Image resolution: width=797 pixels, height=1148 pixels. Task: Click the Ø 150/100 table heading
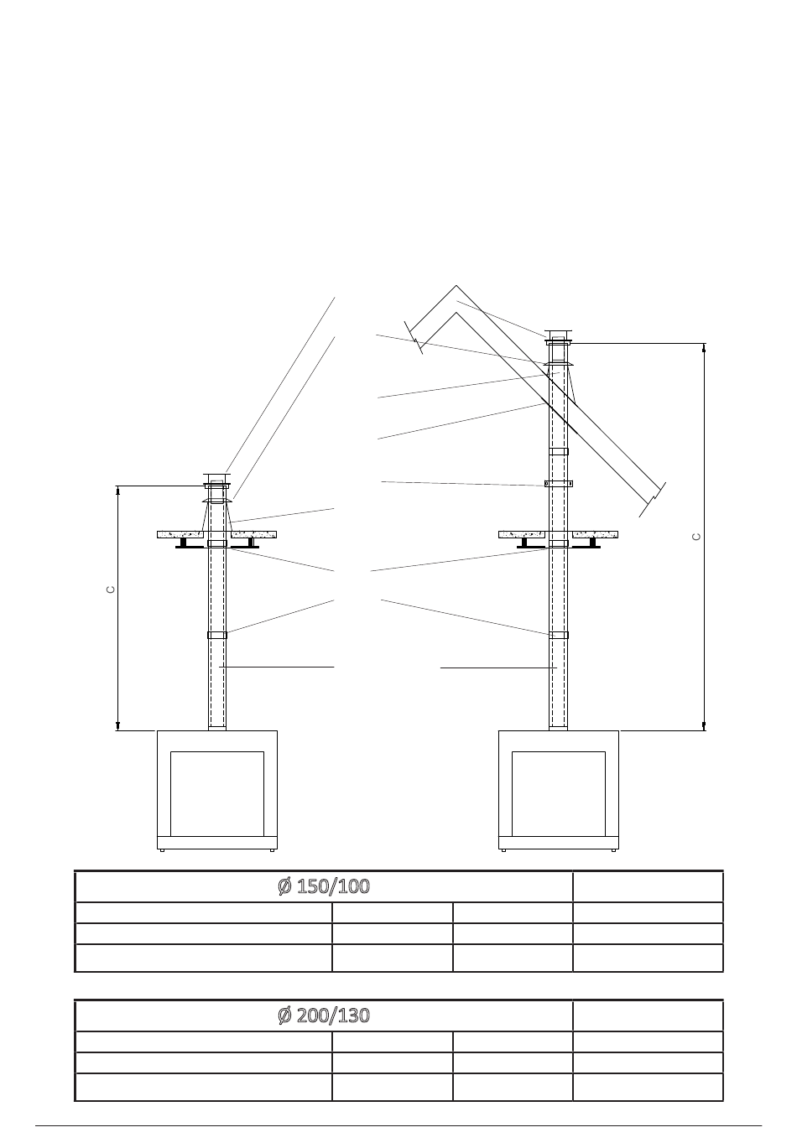pos(324,886)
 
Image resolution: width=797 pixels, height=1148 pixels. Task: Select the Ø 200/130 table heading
pos(324,1016)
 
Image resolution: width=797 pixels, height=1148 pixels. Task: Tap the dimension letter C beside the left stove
pos(110,590)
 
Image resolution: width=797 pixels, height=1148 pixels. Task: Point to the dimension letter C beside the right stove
pos(696,537)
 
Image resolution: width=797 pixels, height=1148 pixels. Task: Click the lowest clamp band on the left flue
pos(217,635)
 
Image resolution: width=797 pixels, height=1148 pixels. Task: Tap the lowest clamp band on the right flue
pos(559,635)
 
